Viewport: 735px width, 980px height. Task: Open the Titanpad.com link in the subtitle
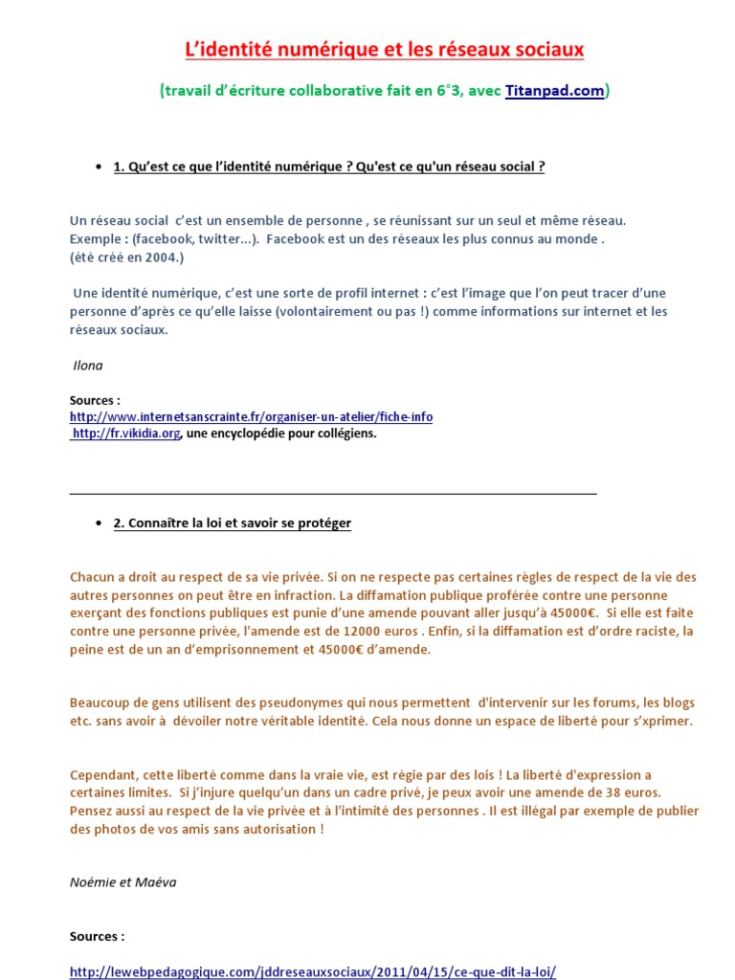pyautogui.click(x=554, y=91)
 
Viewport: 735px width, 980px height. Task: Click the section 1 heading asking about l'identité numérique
pyautogui.click(x=329, y=167)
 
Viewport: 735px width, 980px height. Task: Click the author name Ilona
pyautogui.click(x=88, y=366)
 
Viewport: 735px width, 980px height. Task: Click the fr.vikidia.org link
pyautogui.click(x=126, y=434)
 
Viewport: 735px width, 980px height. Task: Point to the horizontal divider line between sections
pyautogui.click(x=333, y=494)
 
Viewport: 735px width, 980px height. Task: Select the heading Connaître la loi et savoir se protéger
pyautogui.click(x=232, y=523)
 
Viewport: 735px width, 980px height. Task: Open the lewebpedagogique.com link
pyautogui.click(x=313, y=971)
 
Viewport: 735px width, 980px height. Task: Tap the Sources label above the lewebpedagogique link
pyautogui.click(x=98, y=936)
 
